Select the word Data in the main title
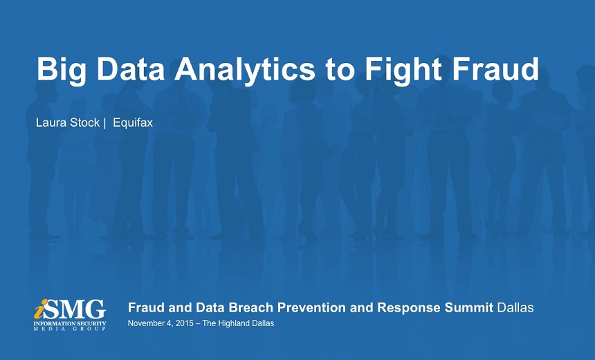point(131,69)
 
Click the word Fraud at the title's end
point(495,69)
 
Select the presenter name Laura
point(51,123)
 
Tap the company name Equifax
point(133,123)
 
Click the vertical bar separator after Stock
point(104,123)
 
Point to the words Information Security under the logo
point(70,323)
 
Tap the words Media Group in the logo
point(70,329)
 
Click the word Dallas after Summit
point(515,307)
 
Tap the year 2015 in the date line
point(185,323)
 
